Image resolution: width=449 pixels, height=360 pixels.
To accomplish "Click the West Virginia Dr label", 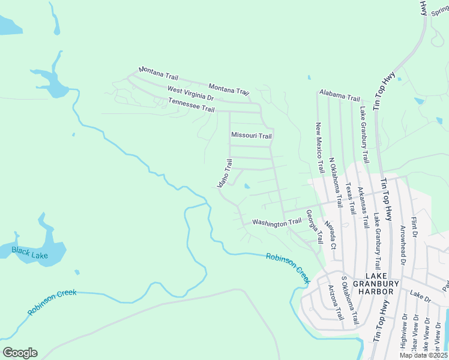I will [190, 93].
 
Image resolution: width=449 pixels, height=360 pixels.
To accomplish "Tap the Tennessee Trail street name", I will [191, 106].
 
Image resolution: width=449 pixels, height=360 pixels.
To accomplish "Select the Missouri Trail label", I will [252, 136].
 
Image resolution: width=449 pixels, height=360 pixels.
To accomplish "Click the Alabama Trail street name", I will [340, 95].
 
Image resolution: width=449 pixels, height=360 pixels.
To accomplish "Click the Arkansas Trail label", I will [363, 208].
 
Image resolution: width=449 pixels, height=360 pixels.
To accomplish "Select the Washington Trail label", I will [277, 222].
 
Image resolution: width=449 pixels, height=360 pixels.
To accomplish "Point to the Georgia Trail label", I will [315, 226].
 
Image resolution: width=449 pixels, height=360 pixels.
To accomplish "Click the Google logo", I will [20, 352].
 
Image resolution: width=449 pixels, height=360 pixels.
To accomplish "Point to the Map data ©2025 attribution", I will [423, 355].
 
